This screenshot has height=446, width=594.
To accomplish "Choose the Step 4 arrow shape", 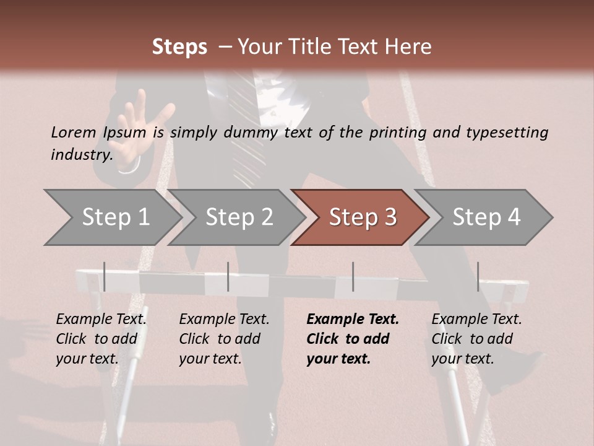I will point(486,217).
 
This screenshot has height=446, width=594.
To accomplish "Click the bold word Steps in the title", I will point(179,47).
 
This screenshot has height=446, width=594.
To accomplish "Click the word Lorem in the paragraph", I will point(73,132).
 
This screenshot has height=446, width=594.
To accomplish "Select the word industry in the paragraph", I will point(81,154).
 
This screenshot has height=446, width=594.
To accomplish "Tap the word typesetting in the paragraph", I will point(507,133).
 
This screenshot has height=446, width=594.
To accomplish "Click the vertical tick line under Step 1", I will point(105,276).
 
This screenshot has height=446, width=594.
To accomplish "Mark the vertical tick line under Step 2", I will point(228,276).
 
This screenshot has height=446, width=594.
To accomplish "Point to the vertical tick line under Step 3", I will point(353,276).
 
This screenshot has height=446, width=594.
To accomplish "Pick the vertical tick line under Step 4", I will point(478,276).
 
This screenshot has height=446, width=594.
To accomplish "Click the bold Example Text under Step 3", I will point(353,320).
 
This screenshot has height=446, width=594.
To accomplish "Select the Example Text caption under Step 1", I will point(101,320).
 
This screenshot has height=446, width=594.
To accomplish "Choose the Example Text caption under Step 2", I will point(225,320).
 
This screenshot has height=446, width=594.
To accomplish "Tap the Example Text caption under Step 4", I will point(477,320).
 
